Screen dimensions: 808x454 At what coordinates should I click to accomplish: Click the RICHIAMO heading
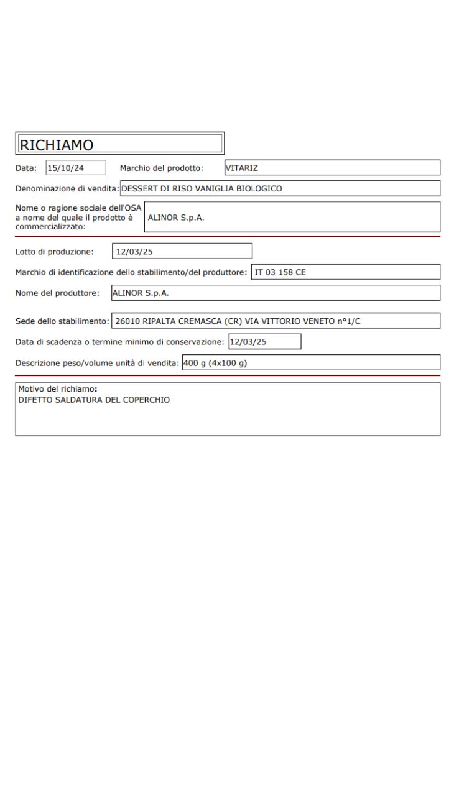tap(57, 144)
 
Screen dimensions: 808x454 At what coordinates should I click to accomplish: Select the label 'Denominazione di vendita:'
tap(67, 188)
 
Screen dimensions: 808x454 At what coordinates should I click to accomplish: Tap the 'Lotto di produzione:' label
tap(55, 251)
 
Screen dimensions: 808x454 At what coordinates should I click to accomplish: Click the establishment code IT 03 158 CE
tap(281, 272)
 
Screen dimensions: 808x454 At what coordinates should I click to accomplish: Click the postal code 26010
tap(128, 321)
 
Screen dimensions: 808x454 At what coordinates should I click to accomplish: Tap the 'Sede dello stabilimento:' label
tap(63, 321)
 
